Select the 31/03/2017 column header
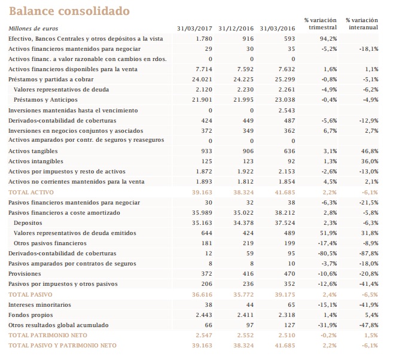(195, 29)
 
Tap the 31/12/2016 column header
(236, 29)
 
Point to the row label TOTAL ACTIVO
(28, 193)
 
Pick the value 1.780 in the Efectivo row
(204, 39)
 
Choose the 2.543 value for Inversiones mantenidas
(286, 111)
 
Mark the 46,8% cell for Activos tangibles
(370, 151)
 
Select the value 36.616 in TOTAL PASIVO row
(202, 295)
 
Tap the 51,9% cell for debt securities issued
(328, 233)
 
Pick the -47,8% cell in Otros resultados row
(368, 325)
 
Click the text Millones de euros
(33, 29)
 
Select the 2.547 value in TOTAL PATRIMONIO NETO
(203, 335)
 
